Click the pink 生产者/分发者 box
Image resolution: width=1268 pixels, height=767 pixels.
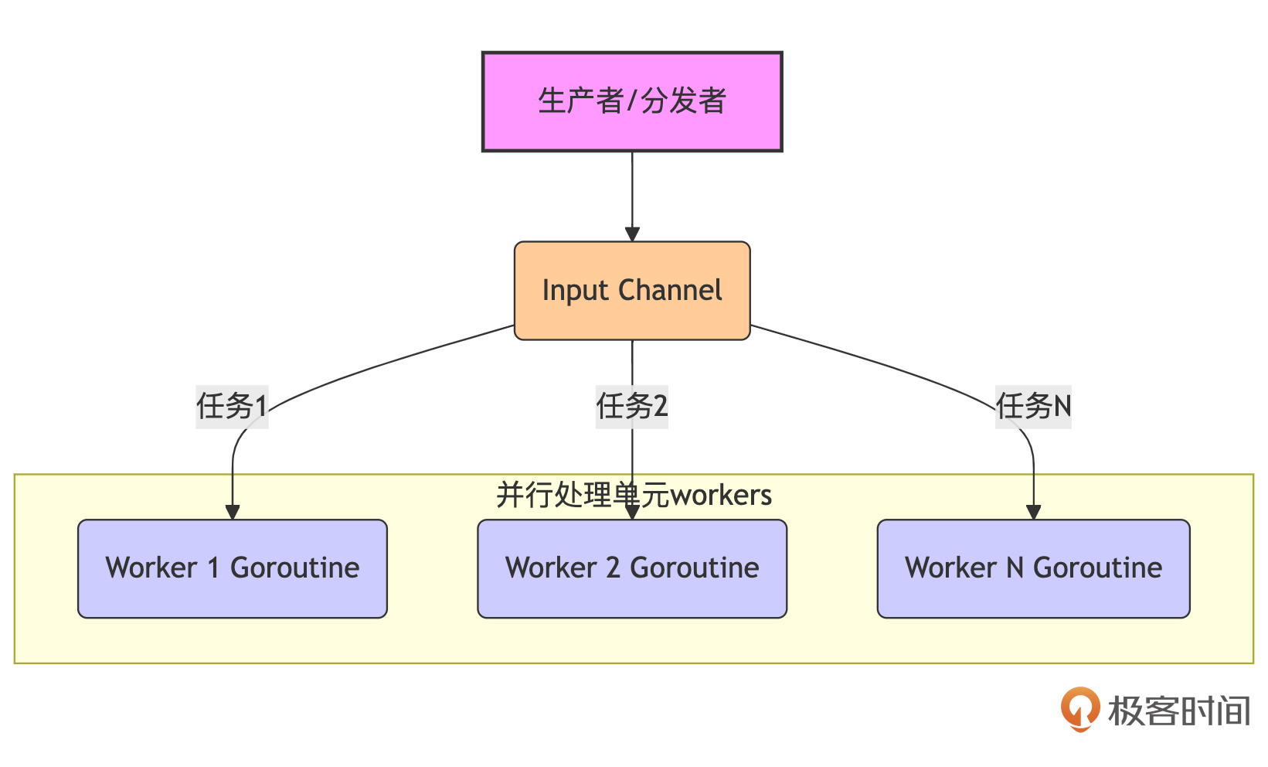[632, 101]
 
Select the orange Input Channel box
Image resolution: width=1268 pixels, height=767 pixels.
[632, 291]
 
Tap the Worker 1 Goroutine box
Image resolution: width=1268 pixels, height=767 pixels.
[232, 568]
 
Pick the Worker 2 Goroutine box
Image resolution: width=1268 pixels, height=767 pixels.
[632, 568]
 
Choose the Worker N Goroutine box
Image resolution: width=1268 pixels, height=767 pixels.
[1033, 568]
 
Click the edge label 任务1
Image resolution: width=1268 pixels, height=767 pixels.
[232, 406]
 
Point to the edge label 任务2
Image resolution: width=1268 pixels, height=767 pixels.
[632, 406]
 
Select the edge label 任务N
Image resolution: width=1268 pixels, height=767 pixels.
[1033, 406]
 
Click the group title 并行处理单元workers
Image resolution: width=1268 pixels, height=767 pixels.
[634, 495]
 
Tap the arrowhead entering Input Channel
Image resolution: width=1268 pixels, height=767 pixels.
[632, 234]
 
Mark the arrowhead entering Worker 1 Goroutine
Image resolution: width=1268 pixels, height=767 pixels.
[232, 512]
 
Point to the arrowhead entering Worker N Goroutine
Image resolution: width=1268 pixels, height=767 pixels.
[1033, 512]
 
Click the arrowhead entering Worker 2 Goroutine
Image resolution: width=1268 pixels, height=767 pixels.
[632, 512]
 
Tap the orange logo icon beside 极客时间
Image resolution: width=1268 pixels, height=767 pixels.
[1079, 708]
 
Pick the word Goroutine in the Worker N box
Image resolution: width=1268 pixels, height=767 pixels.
[1097, 568]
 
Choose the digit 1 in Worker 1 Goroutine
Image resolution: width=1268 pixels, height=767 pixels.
[213, 568]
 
